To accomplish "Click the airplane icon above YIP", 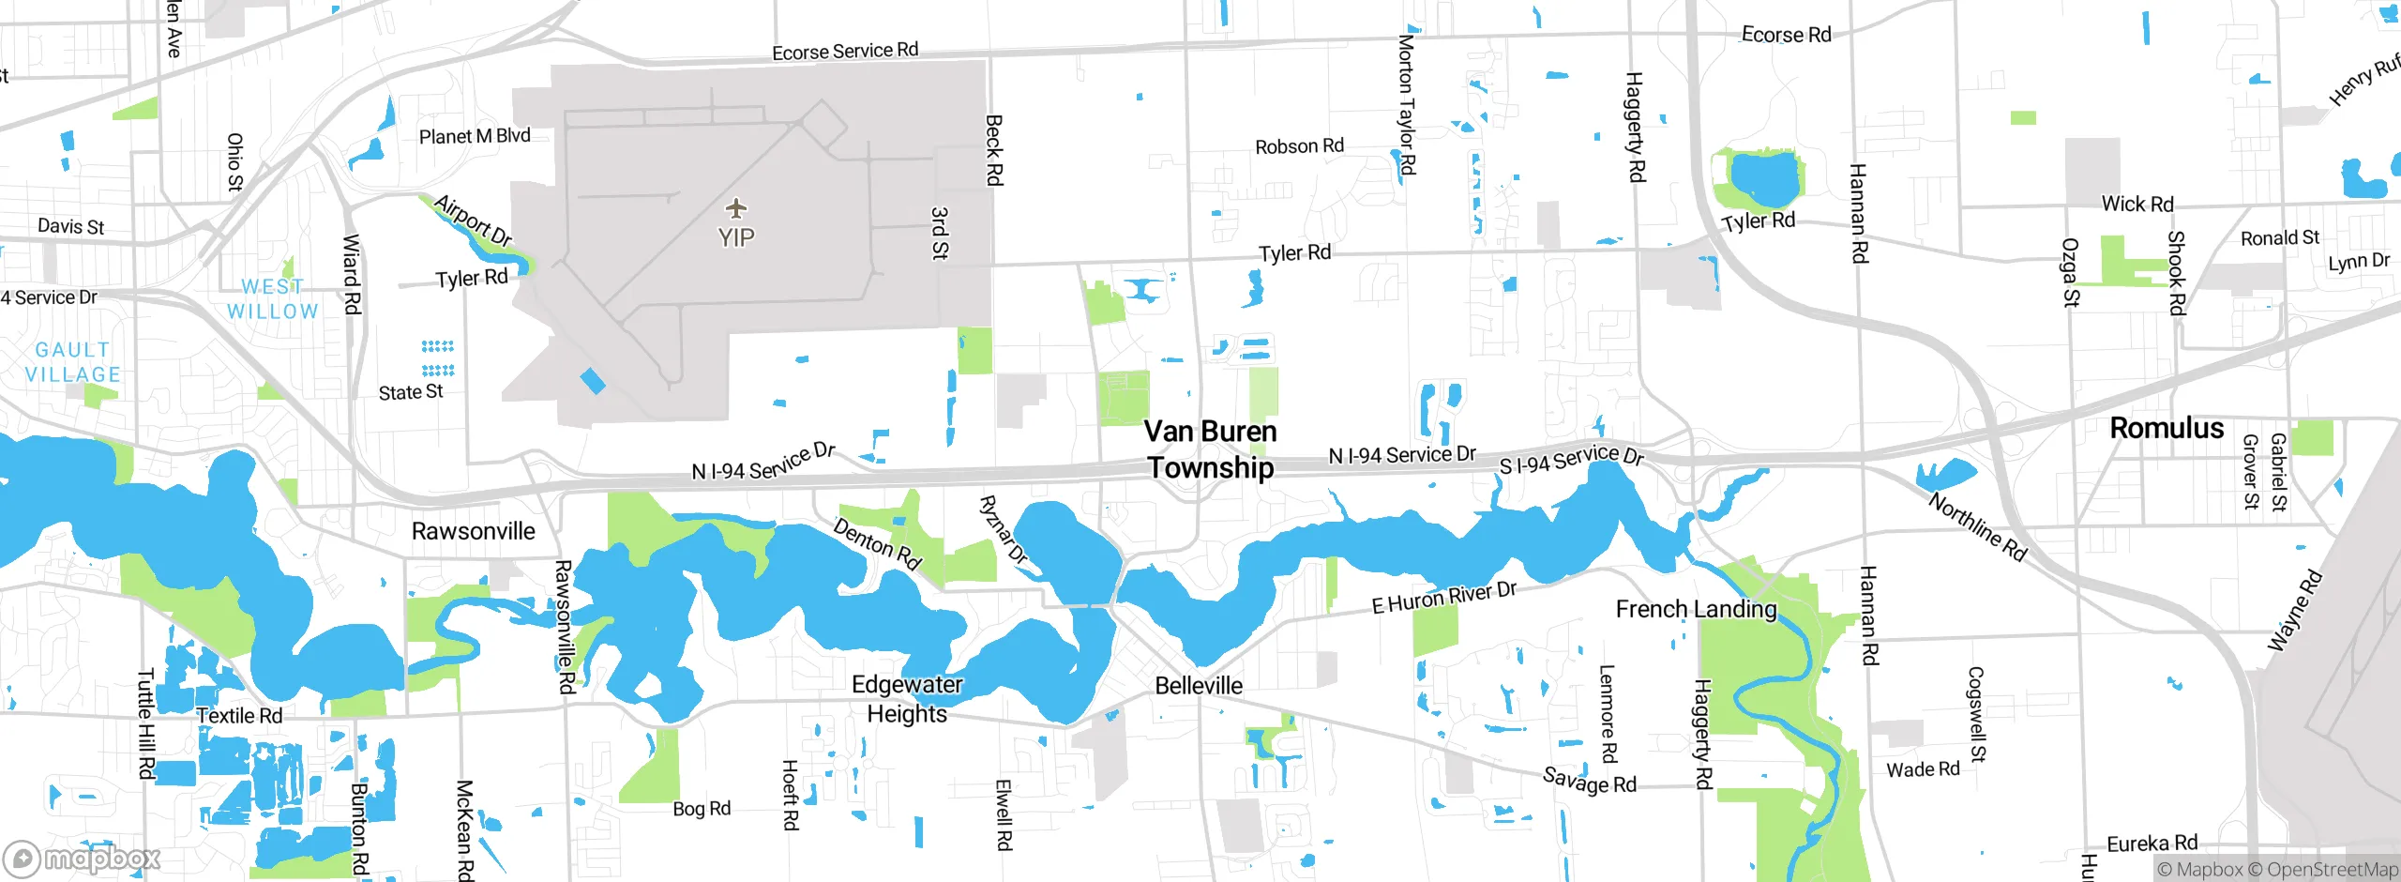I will point(736,207).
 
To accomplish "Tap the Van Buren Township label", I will point(1210,449).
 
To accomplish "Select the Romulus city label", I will point(2167,429).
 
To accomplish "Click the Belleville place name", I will point(1199,686).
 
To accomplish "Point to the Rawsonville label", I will point(474,531).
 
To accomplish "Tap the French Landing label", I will point(1696,609).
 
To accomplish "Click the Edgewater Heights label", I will point(907,699).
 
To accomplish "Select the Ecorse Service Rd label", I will point(845,51).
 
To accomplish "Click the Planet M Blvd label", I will point(475,136).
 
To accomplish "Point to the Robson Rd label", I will point(1299,146).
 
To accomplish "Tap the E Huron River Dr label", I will point(1443,598).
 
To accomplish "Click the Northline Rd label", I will point(1977,527).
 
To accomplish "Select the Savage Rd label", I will point(1589,780).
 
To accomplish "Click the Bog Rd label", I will point(702,809).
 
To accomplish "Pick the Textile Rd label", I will point(239,716).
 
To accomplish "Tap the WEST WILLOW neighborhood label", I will point(272,299).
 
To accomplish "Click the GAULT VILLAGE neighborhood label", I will point(72,362).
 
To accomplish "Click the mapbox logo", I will point(83,859).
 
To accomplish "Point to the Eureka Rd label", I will point(2152,844).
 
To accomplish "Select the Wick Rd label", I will point(2137,204).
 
